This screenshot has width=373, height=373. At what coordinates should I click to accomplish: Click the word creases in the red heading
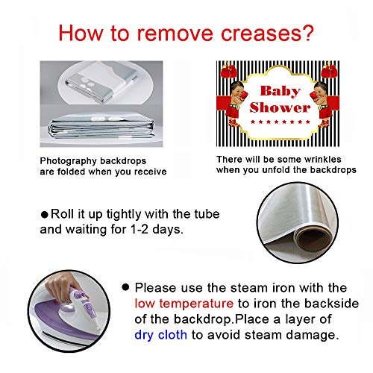[x=262, y=34]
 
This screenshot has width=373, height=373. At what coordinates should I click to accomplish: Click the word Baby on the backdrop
[x=280, y=91]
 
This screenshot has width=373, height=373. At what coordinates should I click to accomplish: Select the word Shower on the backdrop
[x=280, y=107]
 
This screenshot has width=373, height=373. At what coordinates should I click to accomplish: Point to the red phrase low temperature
[x=184, y=304]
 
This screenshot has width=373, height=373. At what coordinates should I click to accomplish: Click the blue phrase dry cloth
[x=160, y=335]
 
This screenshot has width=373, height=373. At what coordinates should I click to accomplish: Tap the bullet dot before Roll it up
[x=44, y=215]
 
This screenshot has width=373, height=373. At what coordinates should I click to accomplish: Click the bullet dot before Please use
[x=125, y=287]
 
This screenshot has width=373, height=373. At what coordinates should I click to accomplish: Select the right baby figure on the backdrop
[x=322, y=104]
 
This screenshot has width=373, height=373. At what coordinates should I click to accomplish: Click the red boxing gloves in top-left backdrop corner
[x=229, y=70]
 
